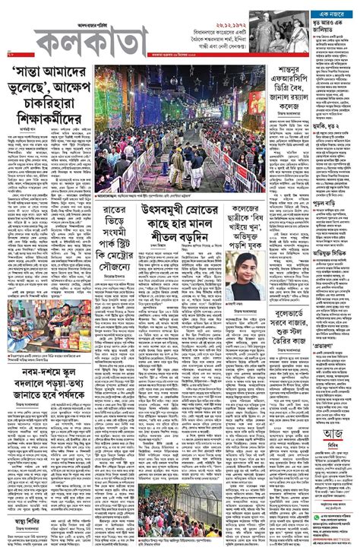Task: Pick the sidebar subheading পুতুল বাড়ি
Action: coord(327,207)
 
